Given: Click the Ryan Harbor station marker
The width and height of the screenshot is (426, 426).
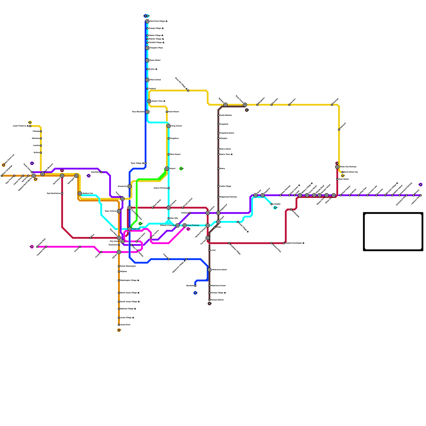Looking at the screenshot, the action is pyautogui.click(x=147, y=60).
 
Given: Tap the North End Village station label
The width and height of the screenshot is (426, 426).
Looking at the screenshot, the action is pyautogui.click(x=158, y=21).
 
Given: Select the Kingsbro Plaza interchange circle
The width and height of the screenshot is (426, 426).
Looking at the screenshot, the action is pyautogui.click(x=147, y=48).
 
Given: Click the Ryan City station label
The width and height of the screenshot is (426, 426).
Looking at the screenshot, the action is pyautogui.click(x=136, y=229).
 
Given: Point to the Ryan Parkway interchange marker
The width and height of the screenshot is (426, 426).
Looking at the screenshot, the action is pyautogui.click(x=185, y=226).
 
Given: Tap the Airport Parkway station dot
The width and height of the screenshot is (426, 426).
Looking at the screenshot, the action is pyautogui.click(x=169, y=188).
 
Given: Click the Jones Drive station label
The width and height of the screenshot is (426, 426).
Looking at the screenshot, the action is pyautogui.click(x=125, y=325).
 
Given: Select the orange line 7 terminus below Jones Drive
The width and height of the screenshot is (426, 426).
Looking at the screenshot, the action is pyautogui.click(x=119, y=330).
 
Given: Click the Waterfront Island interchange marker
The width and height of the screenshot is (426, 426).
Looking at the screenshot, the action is pyautogui.click(x=210, y=270).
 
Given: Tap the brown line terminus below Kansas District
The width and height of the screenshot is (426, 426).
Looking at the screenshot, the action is pyautogui.click(x=210, y=304).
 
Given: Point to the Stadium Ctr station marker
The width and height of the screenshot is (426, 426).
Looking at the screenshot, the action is pyautogui.click(x=80, y=194).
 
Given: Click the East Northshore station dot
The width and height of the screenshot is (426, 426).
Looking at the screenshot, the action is pyautogui.click(x=62, y=194).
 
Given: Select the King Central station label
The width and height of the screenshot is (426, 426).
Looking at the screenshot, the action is pyautogui.click(x=177, y=126).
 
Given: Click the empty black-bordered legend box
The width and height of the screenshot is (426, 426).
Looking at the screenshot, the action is pyautogui.click(x=393, y=232).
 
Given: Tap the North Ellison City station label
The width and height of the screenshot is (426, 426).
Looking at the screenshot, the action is pyautogui.click(x=351, y=172).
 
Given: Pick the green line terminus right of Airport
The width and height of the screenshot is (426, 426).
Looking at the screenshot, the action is pyautogui.click(x=181, y=169).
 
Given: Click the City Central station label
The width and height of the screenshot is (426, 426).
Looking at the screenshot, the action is pyautogui.click(x=114, y=241).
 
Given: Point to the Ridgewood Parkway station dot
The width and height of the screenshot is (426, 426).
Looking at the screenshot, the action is pyautogui.click(x=218, y=197).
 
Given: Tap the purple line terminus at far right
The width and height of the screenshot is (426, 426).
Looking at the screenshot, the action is pyautogui.click(x=421, y=185).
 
